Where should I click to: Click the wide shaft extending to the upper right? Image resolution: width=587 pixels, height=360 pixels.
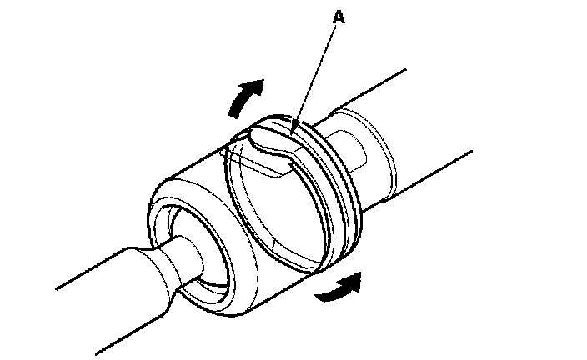pyautogui.click(x=434, y=125)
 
